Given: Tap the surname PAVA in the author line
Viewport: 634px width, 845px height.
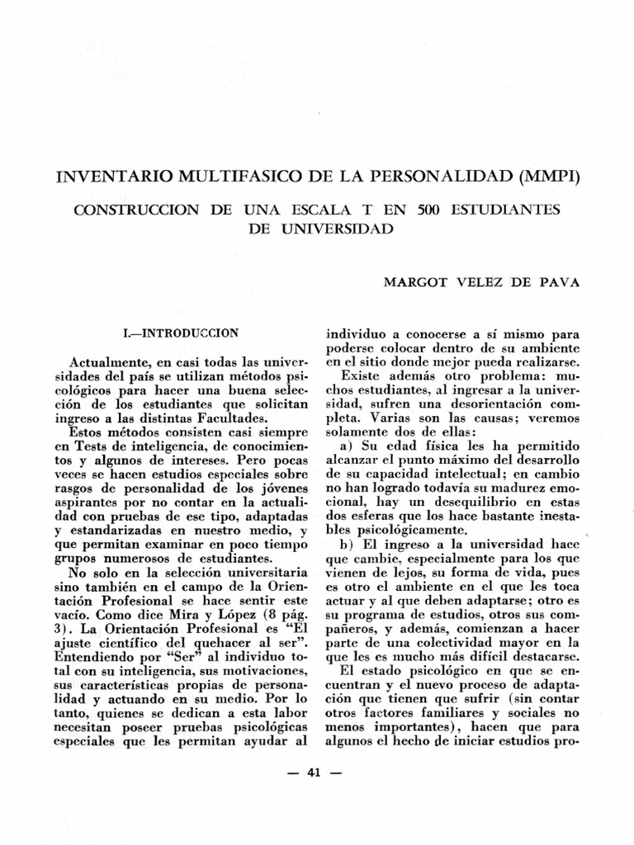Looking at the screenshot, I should tap(562, 282).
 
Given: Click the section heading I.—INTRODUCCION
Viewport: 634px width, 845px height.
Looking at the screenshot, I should tap(180, 333).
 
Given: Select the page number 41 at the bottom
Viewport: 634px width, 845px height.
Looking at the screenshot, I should tap(313, 772).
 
